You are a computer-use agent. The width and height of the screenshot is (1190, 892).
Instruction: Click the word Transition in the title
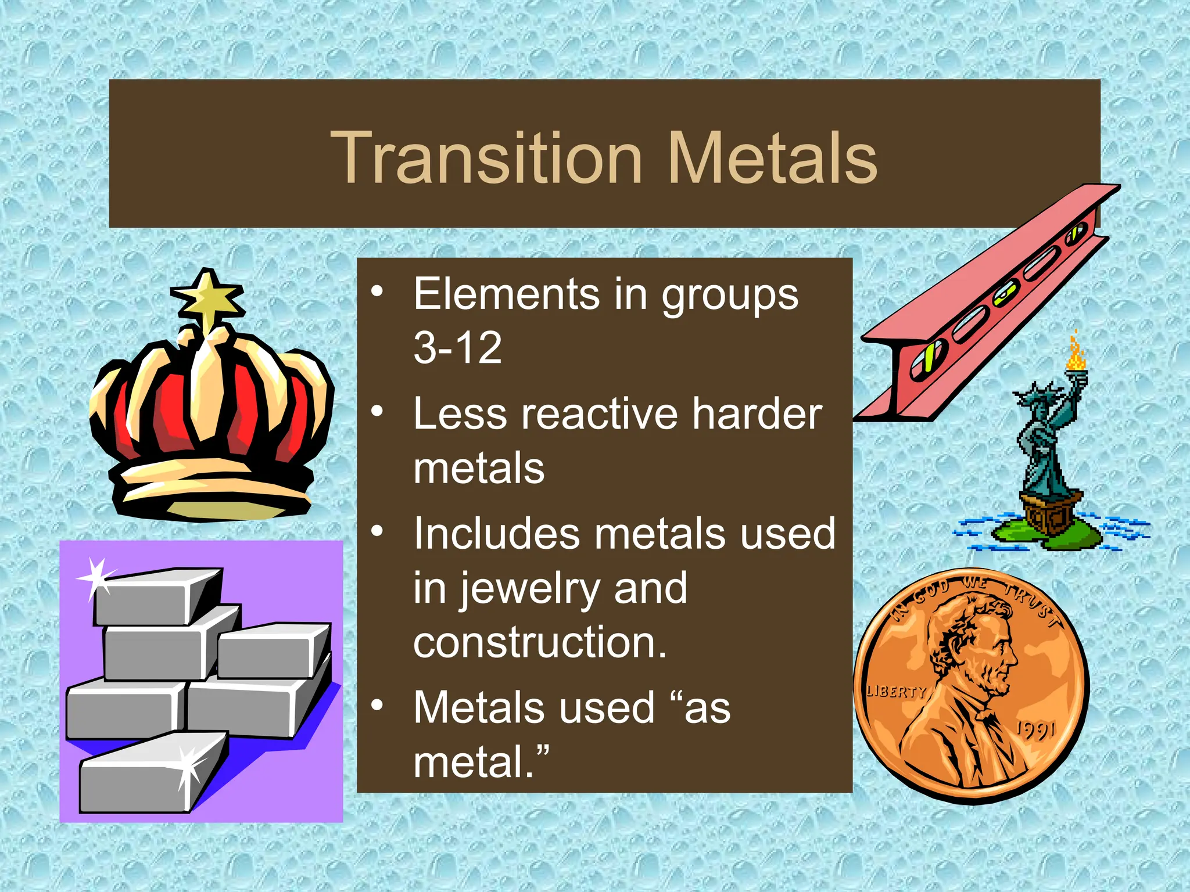point(487,158)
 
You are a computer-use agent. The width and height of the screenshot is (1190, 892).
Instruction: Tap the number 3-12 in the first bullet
point(457,348)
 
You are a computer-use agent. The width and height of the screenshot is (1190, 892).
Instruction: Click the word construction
point(540,642)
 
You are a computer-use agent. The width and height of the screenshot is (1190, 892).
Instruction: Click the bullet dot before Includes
point(378,531)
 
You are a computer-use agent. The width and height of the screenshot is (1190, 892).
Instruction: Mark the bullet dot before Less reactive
point(378,411)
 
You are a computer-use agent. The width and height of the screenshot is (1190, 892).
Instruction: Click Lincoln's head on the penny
point(976,645)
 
